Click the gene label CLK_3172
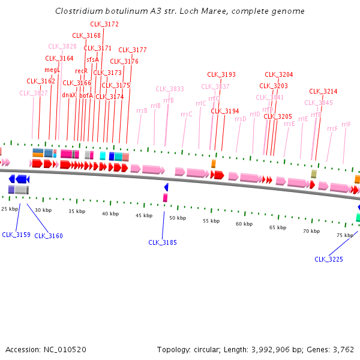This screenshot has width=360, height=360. [104, 24]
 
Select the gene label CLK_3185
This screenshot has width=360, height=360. [163, 242]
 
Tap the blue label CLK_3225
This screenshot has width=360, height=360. [329, 259]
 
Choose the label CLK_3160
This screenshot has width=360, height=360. [49, 236]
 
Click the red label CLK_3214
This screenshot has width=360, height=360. [323, 91]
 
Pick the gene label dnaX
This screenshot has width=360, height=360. [69, 95]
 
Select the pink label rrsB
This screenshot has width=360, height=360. [142, 110]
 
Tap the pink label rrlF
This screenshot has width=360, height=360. [346, 124]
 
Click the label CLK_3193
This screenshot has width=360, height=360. [221, 74]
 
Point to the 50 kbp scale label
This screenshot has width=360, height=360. [177, 218]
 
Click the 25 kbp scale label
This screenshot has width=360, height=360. [10, 208]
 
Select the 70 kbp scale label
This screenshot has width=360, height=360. [311, 230]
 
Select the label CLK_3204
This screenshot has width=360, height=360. [279, 74]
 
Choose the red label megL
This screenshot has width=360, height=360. [53, 70]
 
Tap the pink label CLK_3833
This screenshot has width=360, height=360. [170, 89]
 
